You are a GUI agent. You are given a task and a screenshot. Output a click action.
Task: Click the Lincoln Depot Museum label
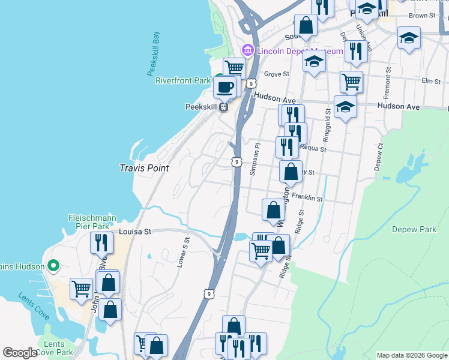(300, 51)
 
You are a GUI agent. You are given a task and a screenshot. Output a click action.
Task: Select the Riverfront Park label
(183, 80)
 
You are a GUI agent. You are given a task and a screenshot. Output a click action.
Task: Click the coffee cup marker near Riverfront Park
(226, 86)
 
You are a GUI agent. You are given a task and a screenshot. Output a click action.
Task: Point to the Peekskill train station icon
(223, 107)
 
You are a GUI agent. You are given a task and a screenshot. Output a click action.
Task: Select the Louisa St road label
(135, 231)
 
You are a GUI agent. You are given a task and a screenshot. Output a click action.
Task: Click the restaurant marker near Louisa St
(101, 242)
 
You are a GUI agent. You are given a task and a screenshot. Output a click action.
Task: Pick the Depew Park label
(414, 229)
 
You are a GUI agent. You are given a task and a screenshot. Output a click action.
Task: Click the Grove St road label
(277, 74)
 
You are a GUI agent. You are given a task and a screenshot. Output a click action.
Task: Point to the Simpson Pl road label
(254, 159)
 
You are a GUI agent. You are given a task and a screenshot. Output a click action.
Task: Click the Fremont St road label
(389, 78)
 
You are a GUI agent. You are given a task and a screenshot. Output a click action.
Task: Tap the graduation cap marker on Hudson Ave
(345, 107)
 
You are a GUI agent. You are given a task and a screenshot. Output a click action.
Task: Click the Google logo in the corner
(20, 353)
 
